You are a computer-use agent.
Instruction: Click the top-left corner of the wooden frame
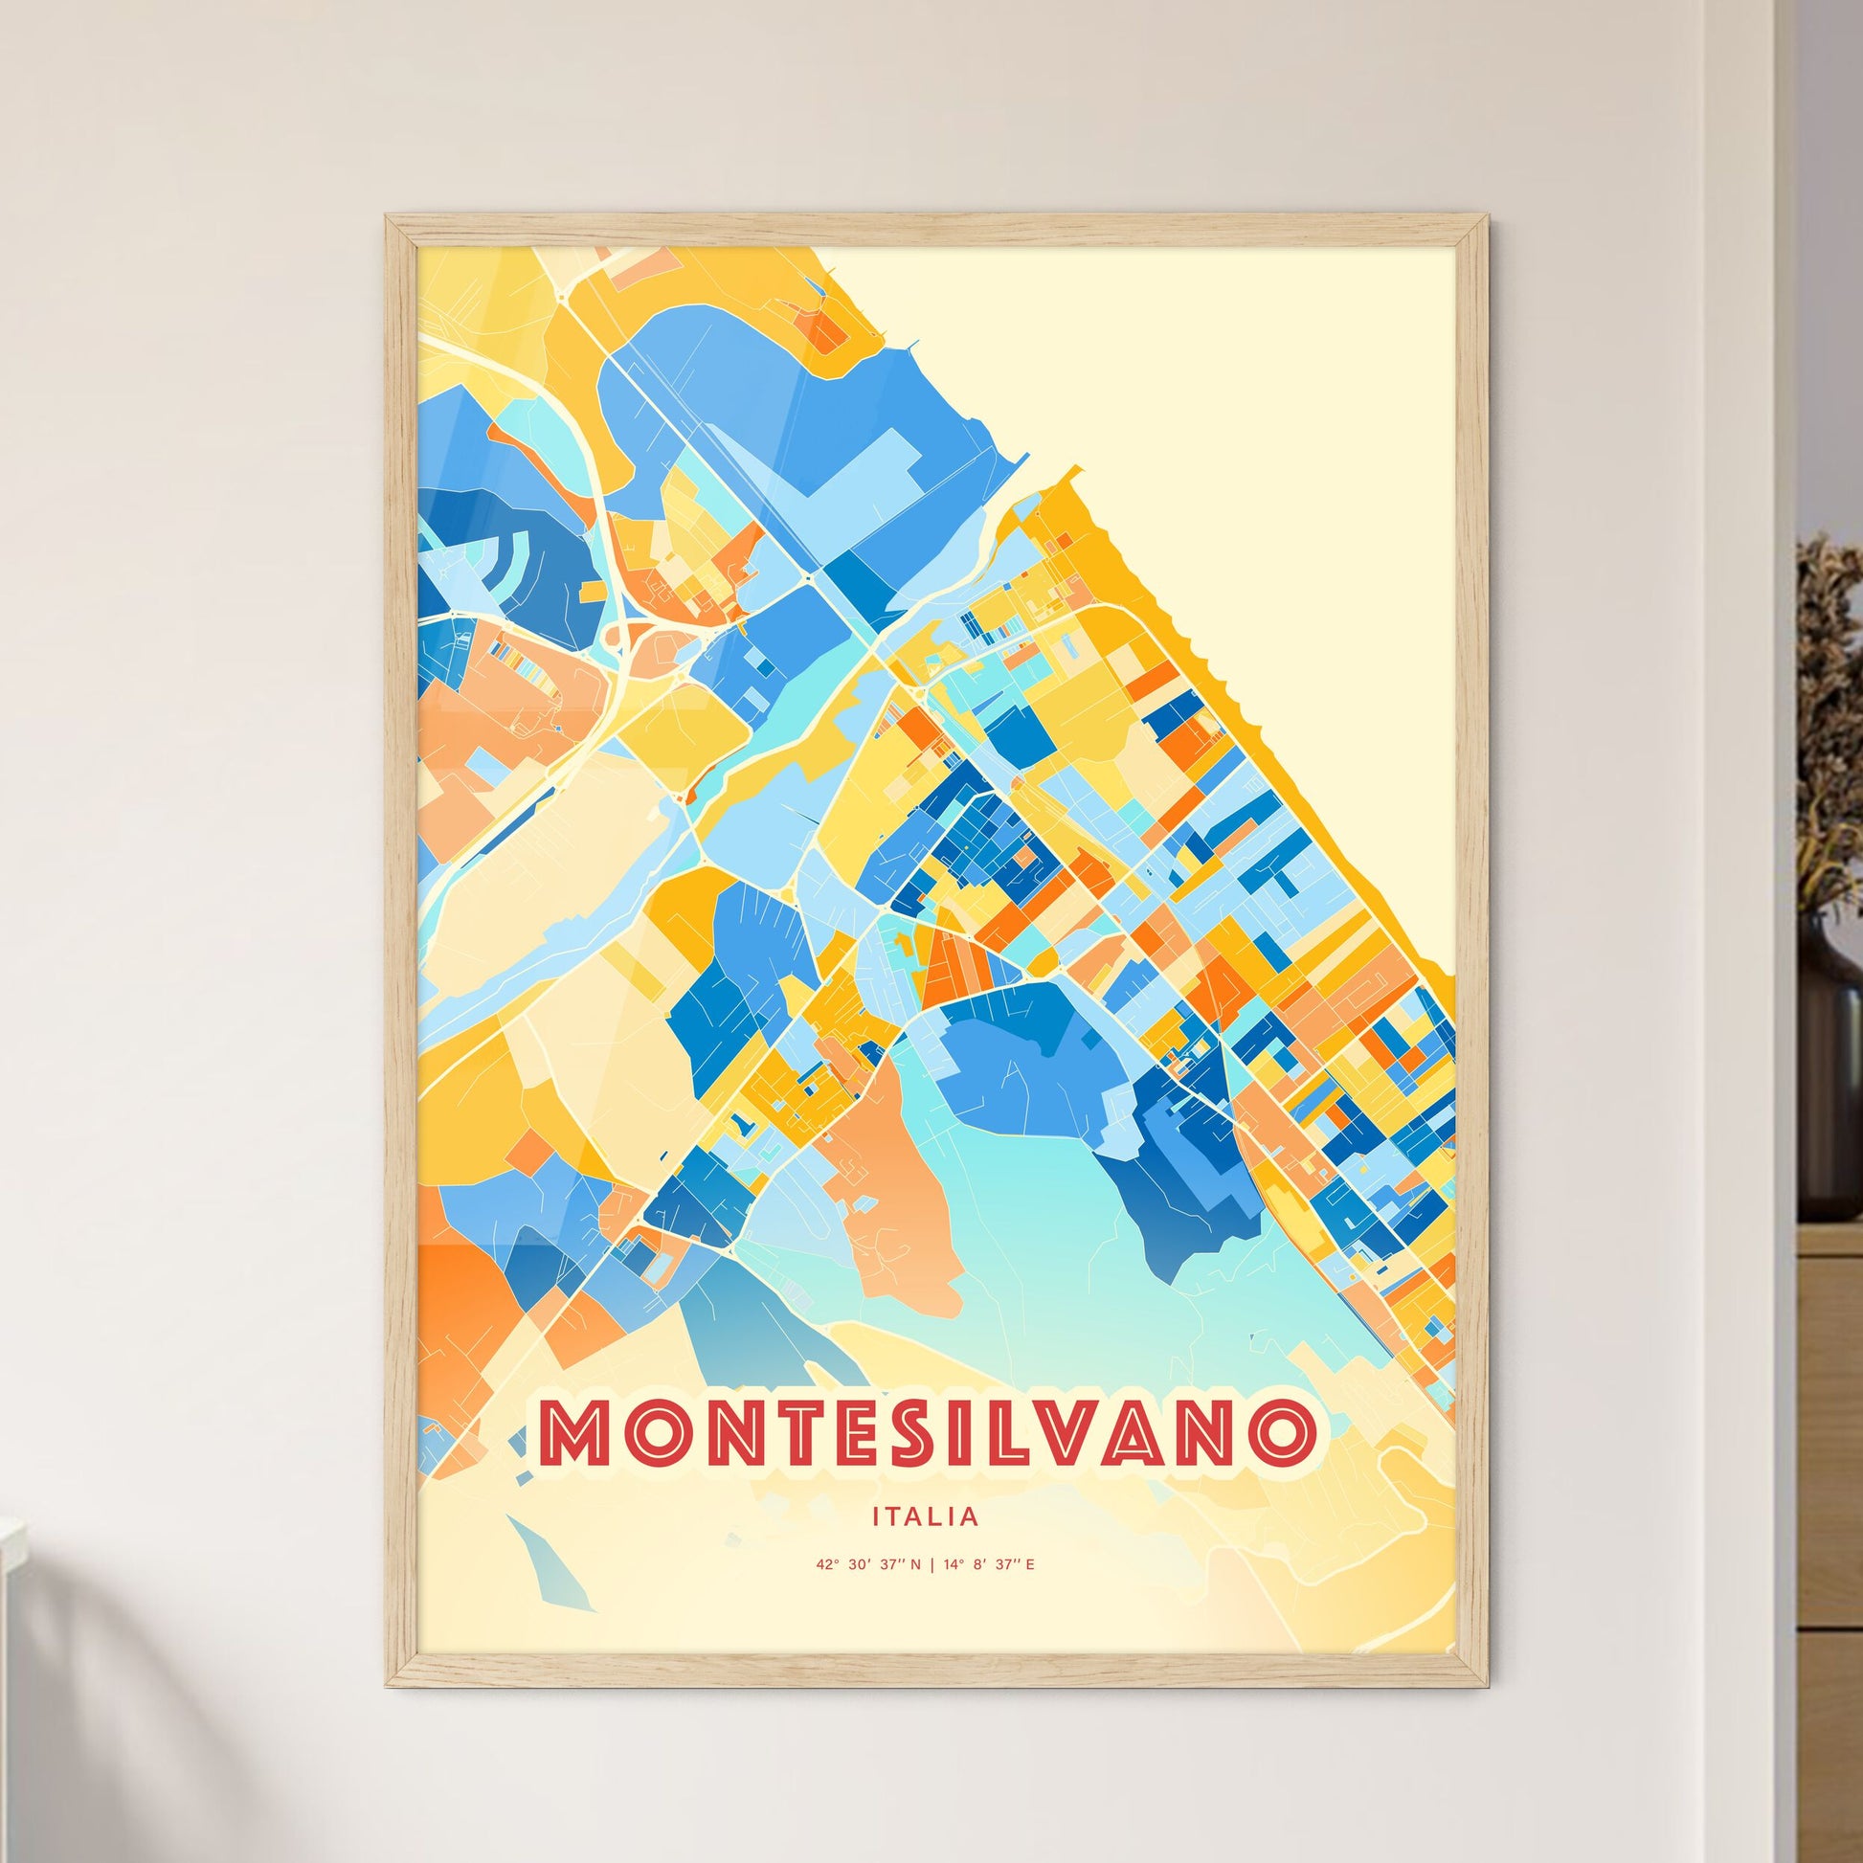pyautogui.click(x=388, y=217)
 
